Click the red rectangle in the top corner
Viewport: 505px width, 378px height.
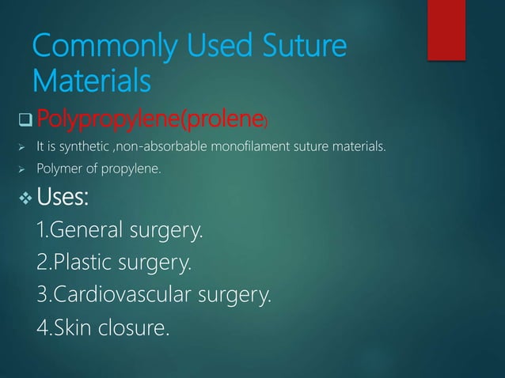click(x=446, y=28)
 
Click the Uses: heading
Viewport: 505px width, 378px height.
click(x=63, y=198)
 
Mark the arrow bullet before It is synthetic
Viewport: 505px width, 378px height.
click(x=23, y=146)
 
